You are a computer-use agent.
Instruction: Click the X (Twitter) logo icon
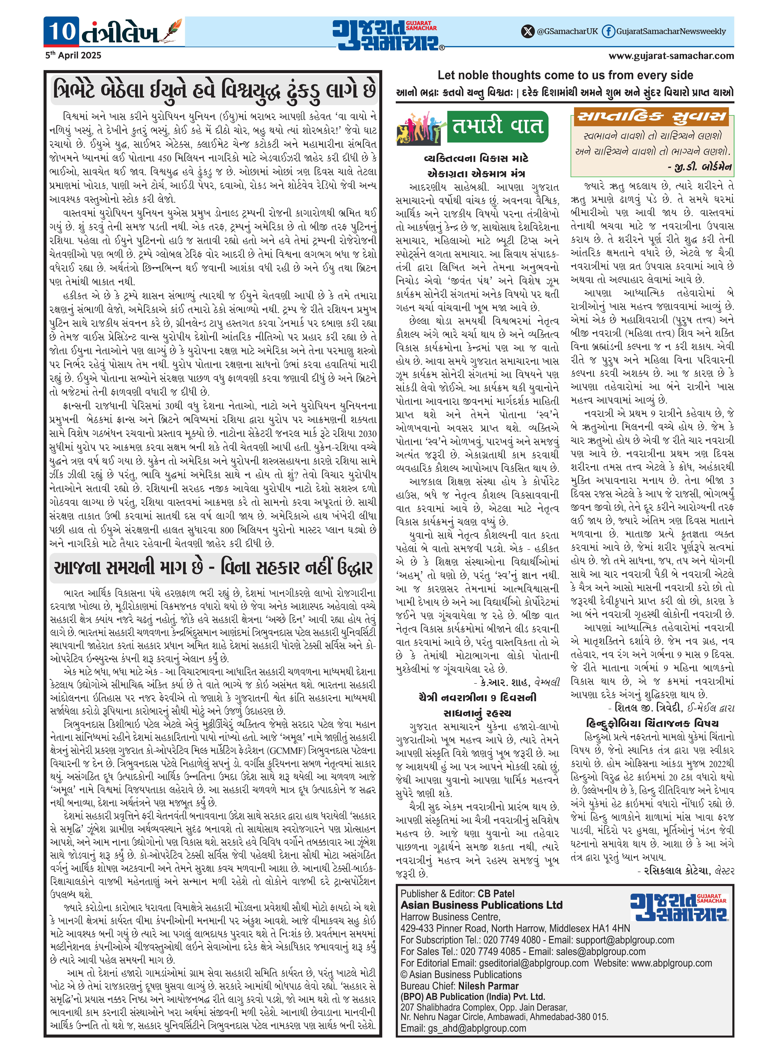tap(528, 32)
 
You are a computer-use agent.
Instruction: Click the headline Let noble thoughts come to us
tap(565, 75)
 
